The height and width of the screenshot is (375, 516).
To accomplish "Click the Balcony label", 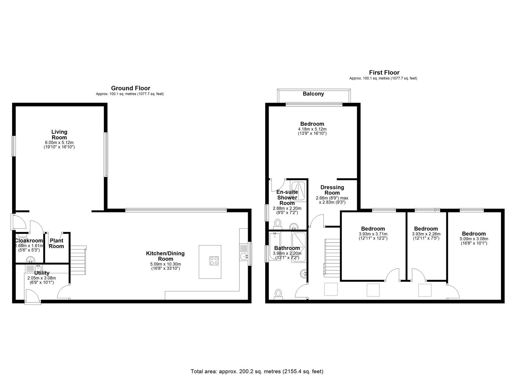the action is [313, 94].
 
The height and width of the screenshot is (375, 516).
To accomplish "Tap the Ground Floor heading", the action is [131, 88].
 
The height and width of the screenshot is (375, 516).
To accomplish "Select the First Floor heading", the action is [384, 73].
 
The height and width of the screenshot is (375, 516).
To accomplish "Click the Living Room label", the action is [59, 135].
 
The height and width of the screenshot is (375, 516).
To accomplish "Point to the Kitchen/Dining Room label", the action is [165, 256].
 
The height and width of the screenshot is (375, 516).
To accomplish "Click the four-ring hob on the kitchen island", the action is [214, 261].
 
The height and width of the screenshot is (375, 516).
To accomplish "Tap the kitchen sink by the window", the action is [244, 256].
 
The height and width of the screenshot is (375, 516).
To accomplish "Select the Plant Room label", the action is [56, 243].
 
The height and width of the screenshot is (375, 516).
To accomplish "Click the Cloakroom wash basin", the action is [31, 260].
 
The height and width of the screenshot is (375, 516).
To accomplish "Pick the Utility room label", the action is [42, 273].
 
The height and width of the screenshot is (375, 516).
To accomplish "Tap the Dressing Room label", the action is [332, 190].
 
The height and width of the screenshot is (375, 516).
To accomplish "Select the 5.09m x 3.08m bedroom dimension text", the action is [474, 239].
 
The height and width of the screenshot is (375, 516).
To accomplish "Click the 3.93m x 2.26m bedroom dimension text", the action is [426, 234].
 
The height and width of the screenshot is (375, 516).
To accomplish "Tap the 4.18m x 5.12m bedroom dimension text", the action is [312, 129].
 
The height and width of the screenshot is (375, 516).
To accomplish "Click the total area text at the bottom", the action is [257, 365].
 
